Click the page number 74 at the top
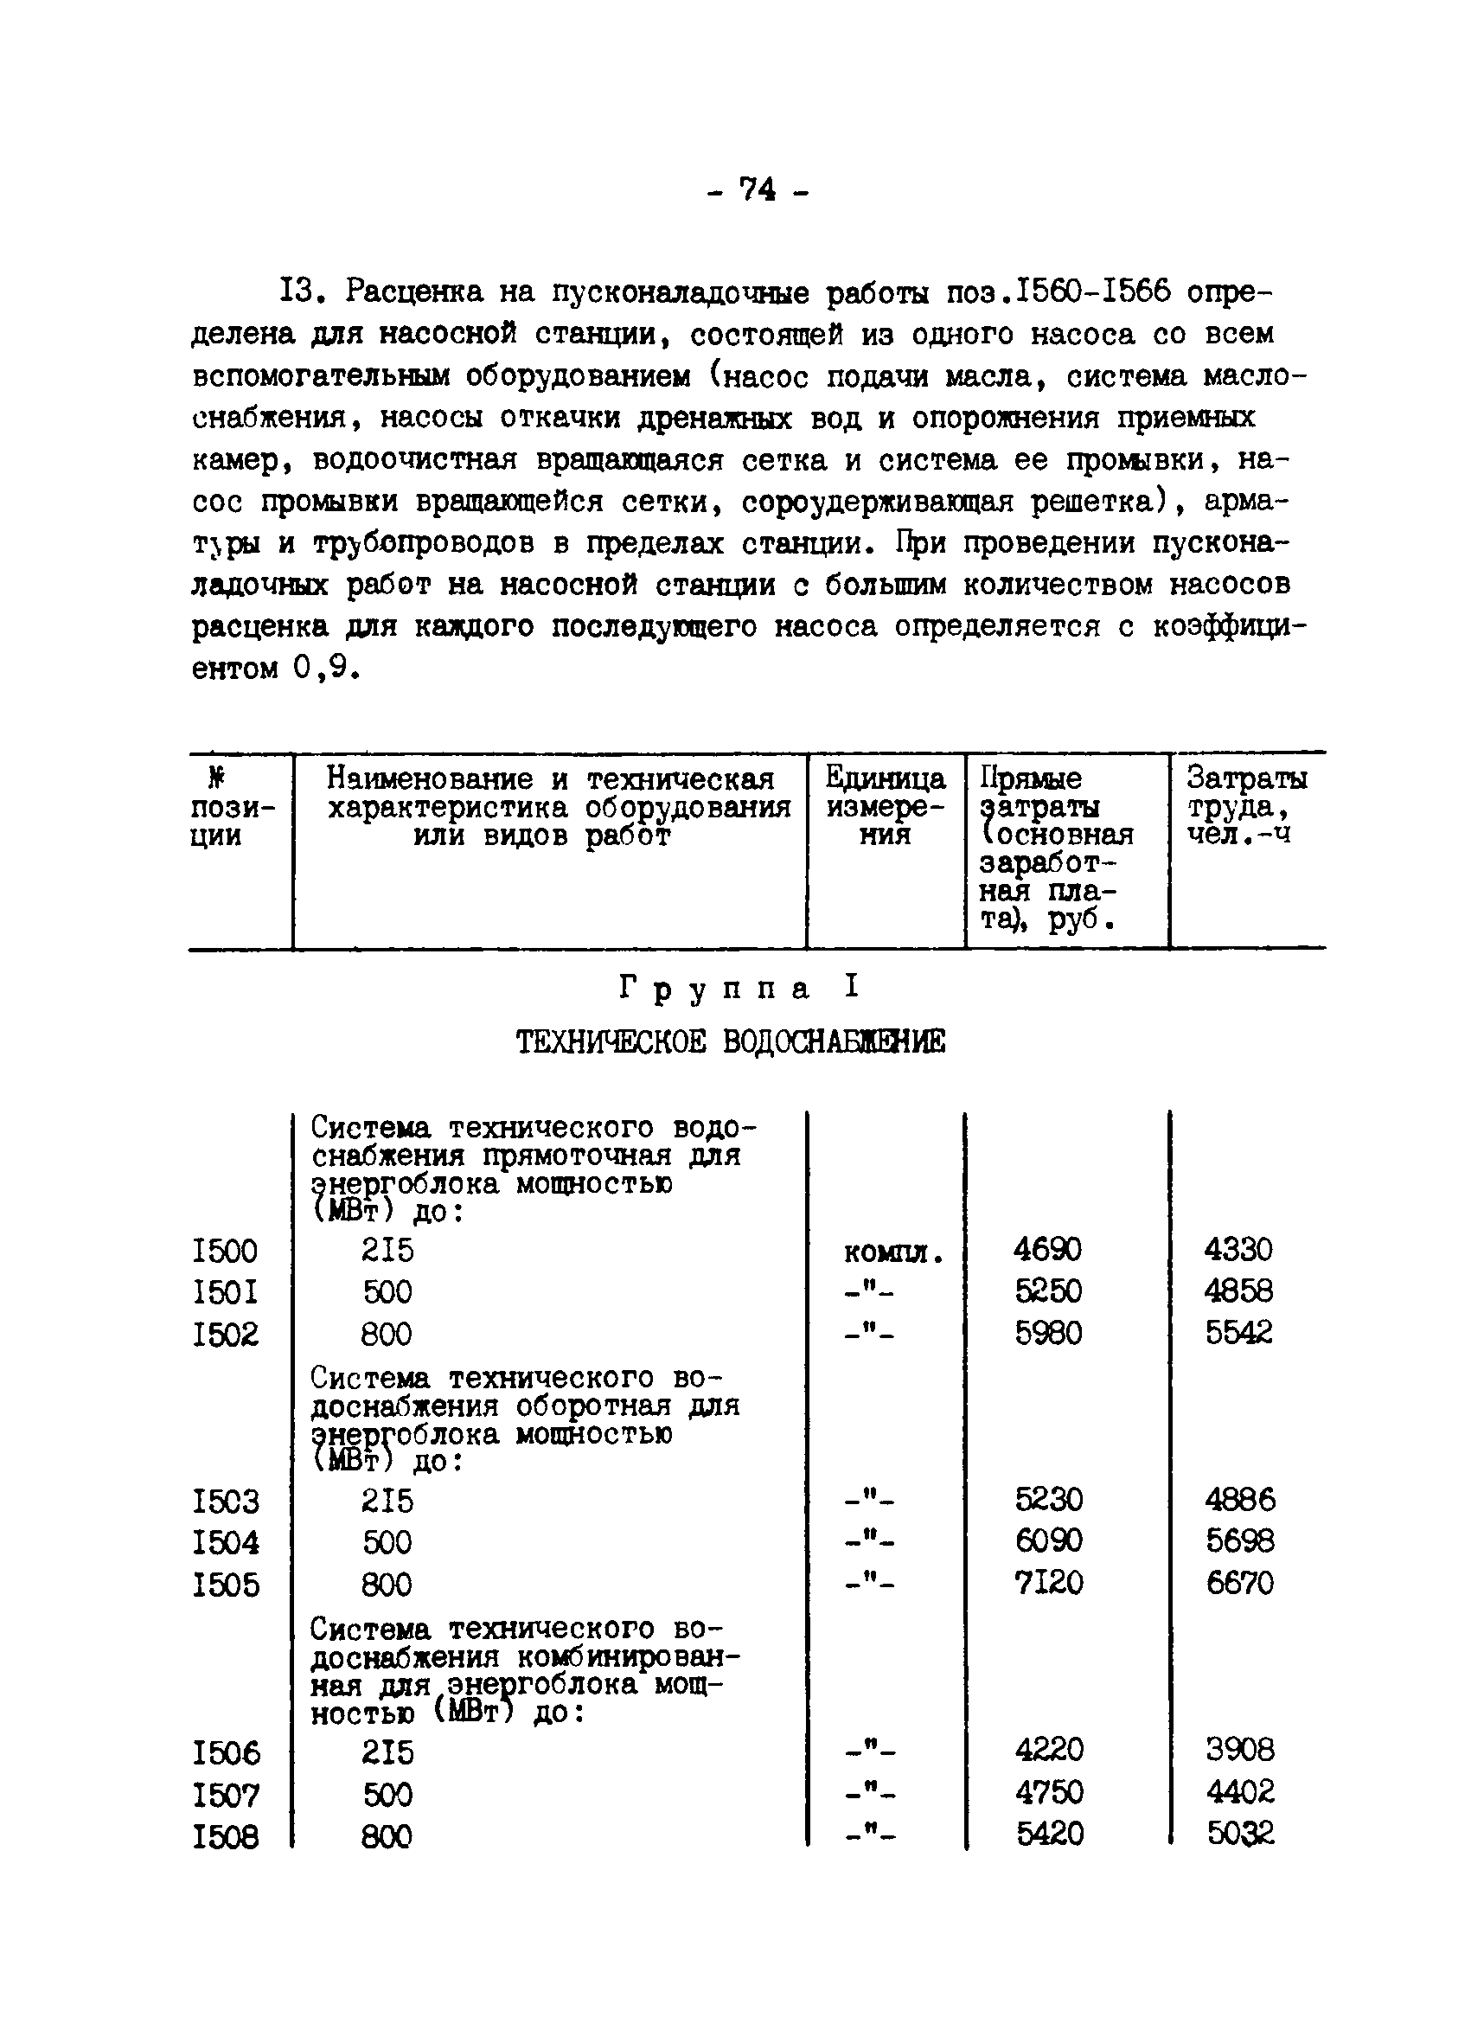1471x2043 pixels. [x=758, y=189]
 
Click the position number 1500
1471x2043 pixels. [x=225, y=1251]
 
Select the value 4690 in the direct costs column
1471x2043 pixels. [x=1047, y=1249]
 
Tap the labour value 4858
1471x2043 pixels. [x=1238, y=1290]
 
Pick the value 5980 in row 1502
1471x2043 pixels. [x=1047, y=1333]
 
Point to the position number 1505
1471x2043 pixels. [x=226, y=1585]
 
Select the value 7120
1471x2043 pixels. [x=1048, y=1583]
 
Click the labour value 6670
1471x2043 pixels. [x=1239, y=1583]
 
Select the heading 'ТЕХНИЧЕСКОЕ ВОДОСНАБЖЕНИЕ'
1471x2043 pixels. [x=731, y=1042]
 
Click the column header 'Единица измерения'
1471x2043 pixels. [x=885, y=806]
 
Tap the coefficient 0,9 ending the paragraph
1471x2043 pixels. [x=320, y=669]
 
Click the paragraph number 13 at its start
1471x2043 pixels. [x=294, y=291]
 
